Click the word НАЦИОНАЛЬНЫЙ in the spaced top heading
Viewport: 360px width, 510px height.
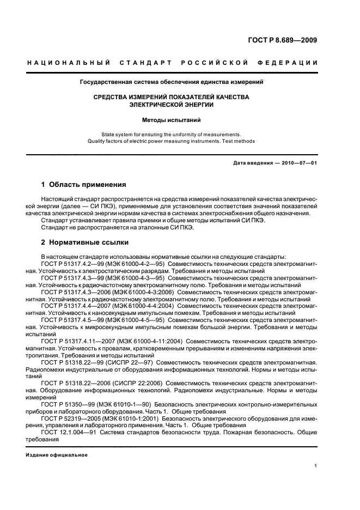69,63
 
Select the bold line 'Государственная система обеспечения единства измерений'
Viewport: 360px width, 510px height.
172,82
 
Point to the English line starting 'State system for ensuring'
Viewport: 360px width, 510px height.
172,134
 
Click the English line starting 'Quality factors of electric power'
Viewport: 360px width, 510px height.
172,141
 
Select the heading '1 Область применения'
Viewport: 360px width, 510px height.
83,185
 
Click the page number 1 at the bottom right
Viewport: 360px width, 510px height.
316,466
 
